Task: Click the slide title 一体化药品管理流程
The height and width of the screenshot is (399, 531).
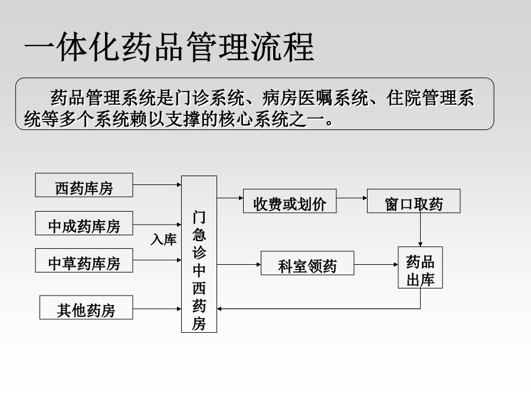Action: pos(169,47)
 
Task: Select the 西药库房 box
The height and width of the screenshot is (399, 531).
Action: pos(84,185)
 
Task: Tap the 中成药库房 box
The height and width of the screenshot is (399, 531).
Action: pos(84,223)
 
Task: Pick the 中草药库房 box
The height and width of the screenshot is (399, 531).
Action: pos(84,260)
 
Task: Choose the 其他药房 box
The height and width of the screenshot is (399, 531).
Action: pos(86,307)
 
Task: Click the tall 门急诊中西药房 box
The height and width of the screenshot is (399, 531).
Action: pos(199,254)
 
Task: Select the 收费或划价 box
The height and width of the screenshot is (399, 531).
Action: pos(290,201)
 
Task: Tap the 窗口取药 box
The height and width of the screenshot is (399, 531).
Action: pos(414,201)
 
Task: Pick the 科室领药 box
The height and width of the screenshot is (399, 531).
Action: pos(307,263)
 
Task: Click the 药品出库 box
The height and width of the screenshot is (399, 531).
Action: pos(420,267)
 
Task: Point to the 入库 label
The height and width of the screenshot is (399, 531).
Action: pos(163,239)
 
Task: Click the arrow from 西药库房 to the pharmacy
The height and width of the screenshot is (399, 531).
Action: pos(157,185)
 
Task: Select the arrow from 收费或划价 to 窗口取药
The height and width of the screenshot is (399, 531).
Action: pos(352,198)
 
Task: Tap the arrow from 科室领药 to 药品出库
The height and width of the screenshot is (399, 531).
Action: pos(376,264)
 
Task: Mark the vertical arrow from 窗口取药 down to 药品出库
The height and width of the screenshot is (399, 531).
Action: pos(420,230)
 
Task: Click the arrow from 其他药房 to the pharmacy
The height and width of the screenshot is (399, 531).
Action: pos(157,309)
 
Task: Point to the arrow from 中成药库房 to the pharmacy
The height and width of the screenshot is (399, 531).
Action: pos(157,224)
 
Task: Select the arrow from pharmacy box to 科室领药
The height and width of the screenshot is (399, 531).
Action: pos(239,264)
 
